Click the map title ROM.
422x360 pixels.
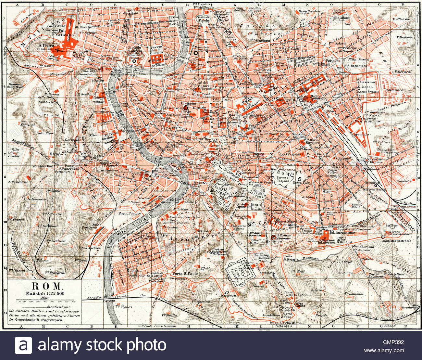(47, 286)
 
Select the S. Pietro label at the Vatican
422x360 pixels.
(45, 46)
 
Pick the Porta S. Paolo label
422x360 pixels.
(185, 273)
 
